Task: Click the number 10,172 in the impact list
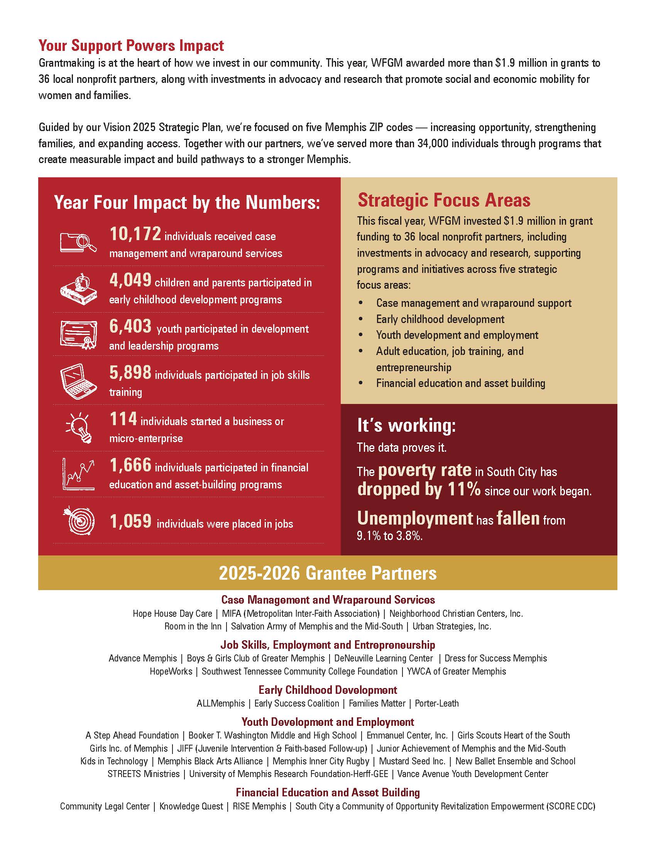tap(135, 234)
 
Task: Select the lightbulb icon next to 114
tap(79, 427)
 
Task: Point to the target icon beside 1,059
tap(79, 520)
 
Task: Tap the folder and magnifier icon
tap(78, 242)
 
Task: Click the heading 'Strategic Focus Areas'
tap(444, 200)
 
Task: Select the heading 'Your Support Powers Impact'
tap(131, 45)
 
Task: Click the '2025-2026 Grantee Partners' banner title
tap(328, 573)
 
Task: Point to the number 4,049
tap(130, 280)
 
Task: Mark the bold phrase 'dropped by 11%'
tap(419, 489)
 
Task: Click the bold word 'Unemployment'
tap(415, 518)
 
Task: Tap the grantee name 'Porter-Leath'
tap(437, 703)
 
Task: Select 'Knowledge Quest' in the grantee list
tap(191, 806)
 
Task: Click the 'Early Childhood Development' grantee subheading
tap(328, 690)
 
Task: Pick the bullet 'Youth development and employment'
tap(457, 335)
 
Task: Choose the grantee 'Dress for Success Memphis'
tap(495, 658)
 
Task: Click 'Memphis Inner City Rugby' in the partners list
tap(321, 761)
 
